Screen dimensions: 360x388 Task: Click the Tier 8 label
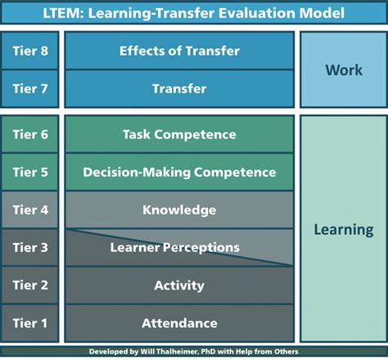pos(30,52)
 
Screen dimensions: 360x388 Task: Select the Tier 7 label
pos(30,89)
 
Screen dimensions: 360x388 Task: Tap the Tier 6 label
pos(30,135)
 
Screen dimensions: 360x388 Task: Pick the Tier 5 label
pos(30,173)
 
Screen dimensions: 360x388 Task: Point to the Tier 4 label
pos(30,210)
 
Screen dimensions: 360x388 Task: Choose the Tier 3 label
pos(30,248)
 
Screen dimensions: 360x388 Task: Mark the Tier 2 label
pos(30,286)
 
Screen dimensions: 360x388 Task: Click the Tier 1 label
pos(30,323)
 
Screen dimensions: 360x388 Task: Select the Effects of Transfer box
pos(179,52)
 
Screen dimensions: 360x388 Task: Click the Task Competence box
pos(179,135)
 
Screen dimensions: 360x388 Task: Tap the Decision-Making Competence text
pos(179,173)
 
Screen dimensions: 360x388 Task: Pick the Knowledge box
pos(179,210)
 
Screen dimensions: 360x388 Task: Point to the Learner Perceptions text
pos(179,247)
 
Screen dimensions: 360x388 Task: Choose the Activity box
pos(179,286)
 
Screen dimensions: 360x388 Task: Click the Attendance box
pos(179,323)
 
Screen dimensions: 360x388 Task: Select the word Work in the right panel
pos(343,70)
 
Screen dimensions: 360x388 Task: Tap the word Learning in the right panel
pos(343,230)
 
